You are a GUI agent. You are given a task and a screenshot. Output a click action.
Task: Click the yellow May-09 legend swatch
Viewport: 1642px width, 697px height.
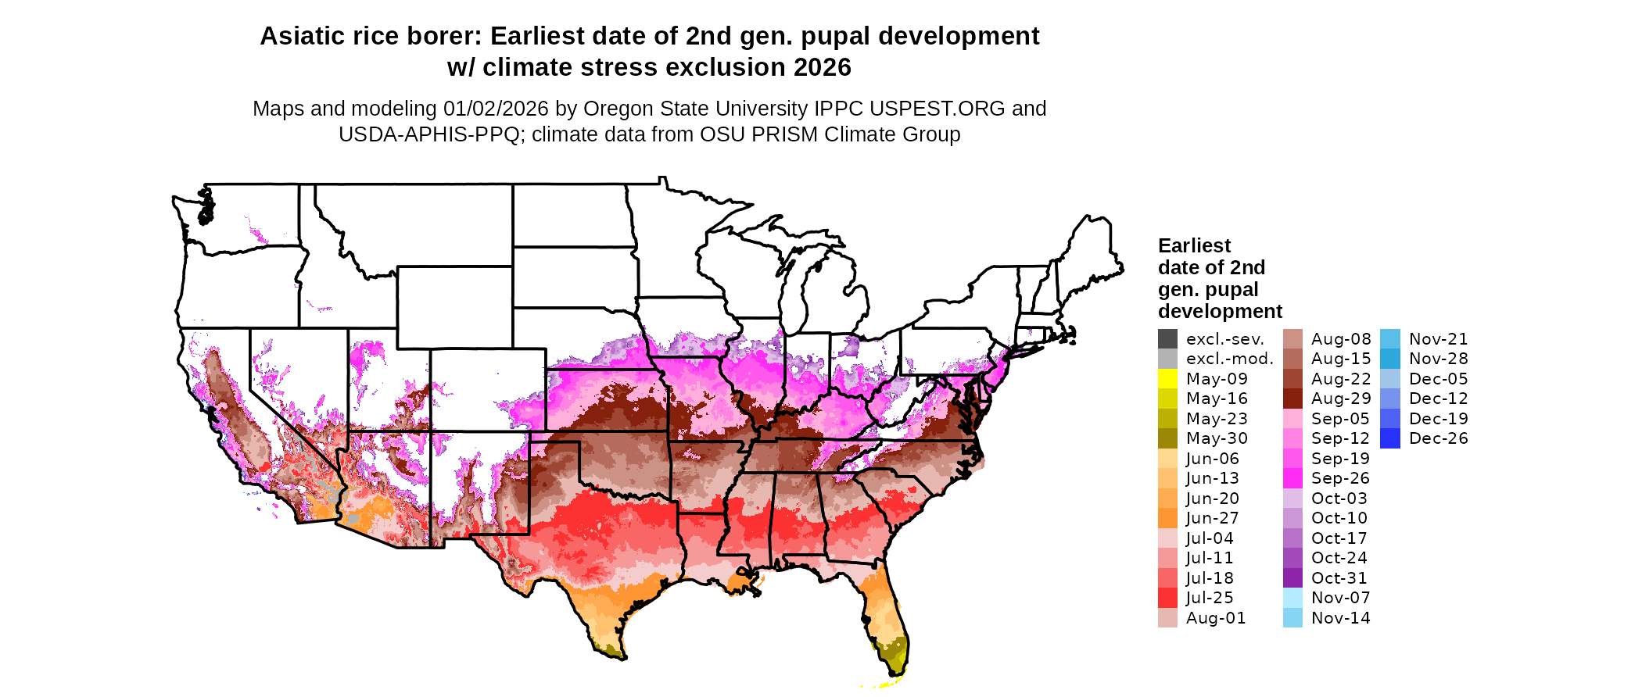(1167, 379)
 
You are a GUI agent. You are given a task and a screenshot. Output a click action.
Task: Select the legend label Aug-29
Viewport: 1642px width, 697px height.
(1341, 399)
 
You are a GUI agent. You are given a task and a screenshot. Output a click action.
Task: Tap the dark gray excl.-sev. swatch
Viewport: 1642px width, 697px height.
(1167, 339)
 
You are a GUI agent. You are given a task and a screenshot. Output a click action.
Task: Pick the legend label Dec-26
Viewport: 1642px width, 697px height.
(1439, 438)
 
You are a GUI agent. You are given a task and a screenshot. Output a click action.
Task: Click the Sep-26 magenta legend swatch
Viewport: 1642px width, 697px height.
(1292, 478)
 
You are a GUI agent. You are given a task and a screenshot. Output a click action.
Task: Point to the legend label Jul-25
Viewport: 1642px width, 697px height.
(1210, 598)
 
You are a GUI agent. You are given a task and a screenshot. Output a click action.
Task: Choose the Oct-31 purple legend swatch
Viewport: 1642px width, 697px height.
(1292, 578)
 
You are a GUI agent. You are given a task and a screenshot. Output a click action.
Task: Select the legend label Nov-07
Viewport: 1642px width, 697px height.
(1341, 598)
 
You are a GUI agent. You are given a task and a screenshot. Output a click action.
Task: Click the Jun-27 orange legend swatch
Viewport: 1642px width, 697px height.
(1167, 518)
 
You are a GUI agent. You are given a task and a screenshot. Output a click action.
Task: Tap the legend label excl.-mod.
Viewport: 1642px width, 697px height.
(1230, 359)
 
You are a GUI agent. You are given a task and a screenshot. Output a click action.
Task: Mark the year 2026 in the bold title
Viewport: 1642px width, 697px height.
(822, 67)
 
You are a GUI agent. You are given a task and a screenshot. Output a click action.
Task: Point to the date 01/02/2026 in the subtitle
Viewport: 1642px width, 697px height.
(496, 109)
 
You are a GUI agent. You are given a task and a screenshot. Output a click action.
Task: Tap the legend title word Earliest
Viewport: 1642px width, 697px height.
(1194, 245)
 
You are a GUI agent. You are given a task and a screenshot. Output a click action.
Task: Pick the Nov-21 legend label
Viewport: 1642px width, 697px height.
(1439, 339)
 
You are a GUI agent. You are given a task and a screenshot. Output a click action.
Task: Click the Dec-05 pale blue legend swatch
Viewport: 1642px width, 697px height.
(1390, 379)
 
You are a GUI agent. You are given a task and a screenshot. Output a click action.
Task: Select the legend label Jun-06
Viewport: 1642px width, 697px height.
(1212, 459)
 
